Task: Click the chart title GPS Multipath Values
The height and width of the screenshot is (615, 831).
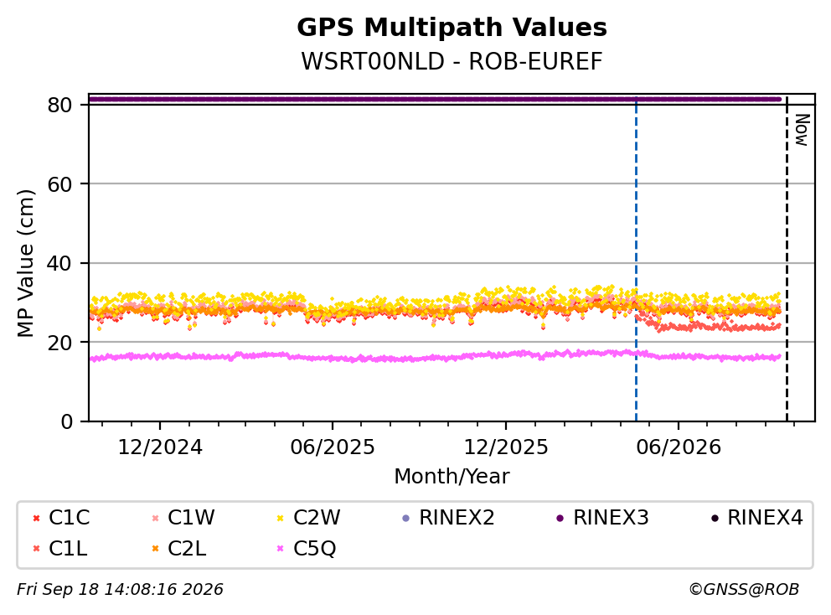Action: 452,28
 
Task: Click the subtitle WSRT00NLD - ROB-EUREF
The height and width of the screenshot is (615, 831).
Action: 452,61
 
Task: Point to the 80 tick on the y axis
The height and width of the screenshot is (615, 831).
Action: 59,105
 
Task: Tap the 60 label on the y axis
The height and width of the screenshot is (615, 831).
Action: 59,184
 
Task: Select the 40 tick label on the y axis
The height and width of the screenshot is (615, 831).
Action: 59,263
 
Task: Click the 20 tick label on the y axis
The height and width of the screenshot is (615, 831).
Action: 59,343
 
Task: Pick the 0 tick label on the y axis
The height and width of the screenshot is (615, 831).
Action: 66,421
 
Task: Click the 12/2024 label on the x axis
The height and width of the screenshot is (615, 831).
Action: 159,447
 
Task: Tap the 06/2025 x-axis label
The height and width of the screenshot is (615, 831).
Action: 333,447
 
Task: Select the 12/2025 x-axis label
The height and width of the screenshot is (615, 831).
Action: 506,447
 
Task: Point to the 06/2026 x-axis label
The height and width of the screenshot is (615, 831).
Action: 679,447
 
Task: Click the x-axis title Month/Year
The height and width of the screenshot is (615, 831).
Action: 452,477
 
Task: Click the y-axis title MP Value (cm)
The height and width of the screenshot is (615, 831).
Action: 25,263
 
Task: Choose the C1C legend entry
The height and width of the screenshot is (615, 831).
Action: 61,518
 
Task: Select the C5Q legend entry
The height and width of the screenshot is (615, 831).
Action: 307,548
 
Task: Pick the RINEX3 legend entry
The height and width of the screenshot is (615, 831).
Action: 603,518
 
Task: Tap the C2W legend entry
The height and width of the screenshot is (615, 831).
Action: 309,518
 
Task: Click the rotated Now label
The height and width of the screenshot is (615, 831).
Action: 803,131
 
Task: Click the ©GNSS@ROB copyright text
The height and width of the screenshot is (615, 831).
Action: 744,590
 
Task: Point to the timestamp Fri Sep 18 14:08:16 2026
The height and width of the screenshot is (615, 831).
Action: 120,590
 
